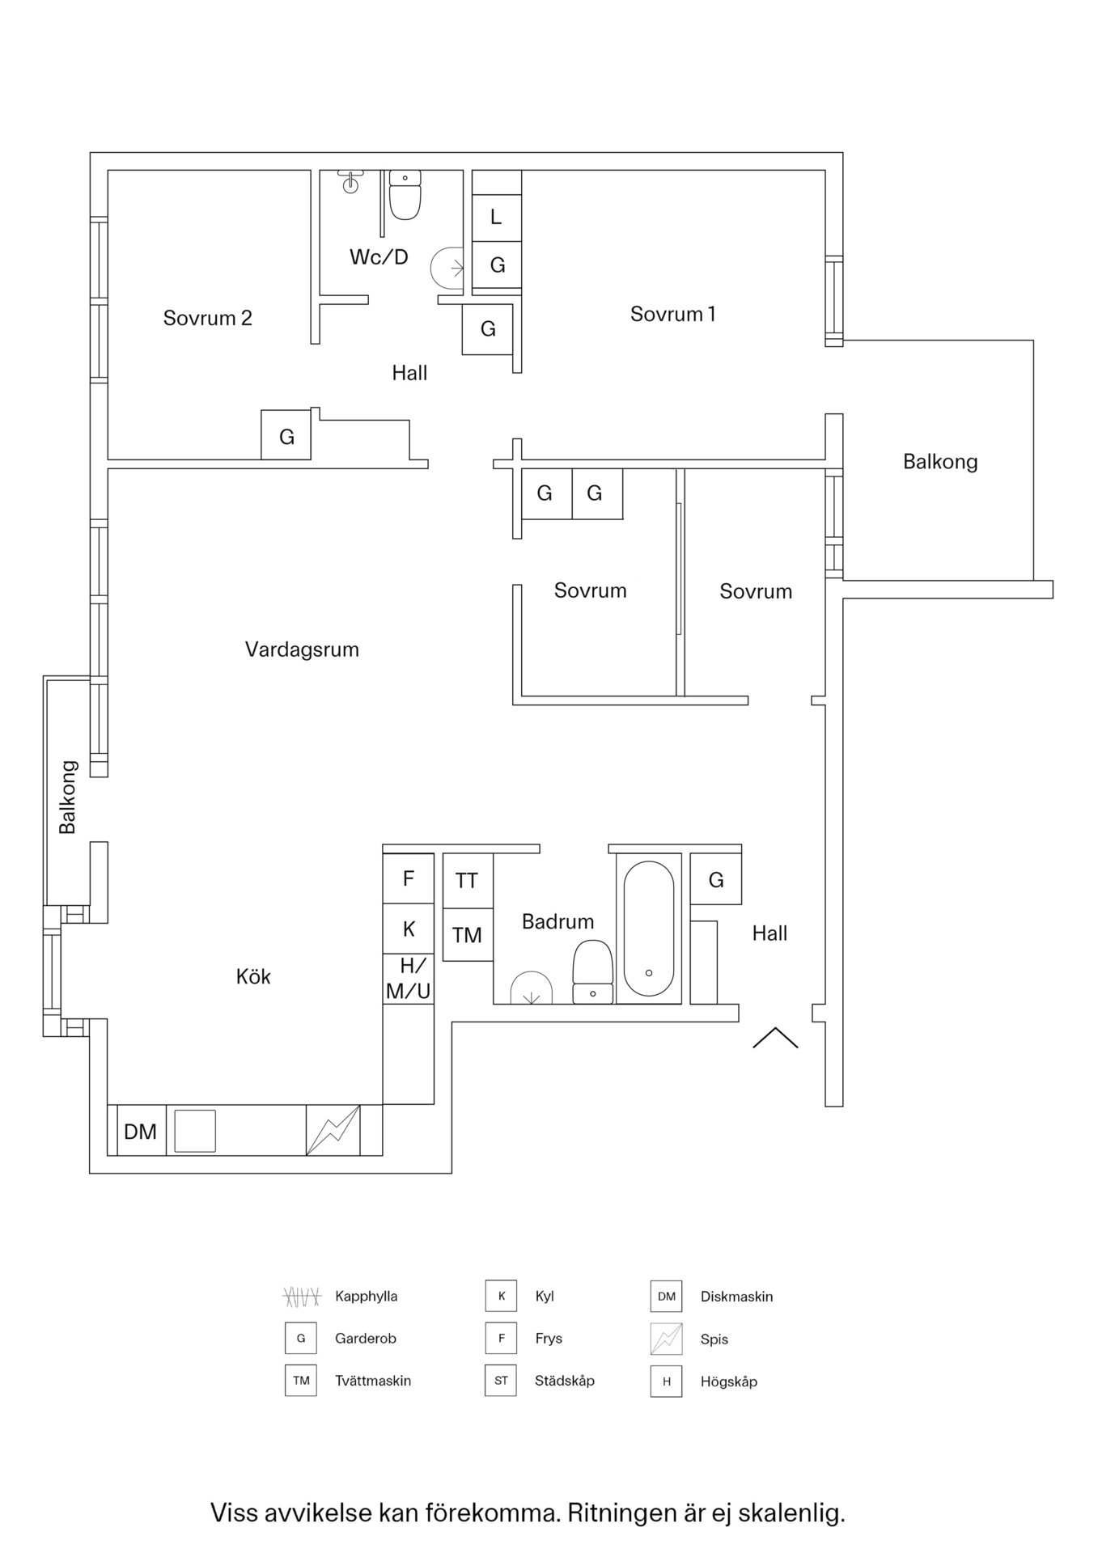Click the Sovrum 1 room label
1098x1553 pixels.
(672, 314)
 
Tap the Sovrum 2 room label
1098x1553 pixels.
(207, 318)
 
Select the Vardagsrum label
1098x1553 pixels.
(302, 650)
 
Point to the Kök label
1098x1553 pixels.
(253, 977)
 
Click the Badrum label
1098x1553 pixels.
(557, 921)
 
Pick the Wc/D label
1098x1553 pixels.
(379, 257)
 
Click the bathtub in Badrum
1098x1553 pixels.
(648, 929)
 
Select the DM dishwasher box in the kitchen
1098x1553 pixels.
(140, 1132)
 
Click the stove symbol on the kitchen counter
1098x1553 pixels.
(333, 1130)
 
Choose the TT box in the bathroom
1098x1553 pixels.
(467, 881)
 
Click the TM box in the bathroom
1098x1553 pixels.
(467, 935)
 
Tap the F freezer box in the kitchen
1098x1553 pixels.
(409, 878)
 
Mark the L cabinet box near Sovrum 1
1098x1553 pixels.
(496, 217)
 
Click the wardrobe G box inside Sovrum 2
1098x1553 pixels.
(286, 437)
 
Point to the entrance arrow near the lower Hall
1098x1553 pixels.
(775, 1038)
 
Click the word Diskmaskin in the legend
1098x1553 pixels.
(736, 1297)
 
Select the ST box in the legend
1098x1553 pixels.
(501, 1381)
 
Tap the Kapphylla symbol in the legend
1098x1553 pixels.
(302, 1297)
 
